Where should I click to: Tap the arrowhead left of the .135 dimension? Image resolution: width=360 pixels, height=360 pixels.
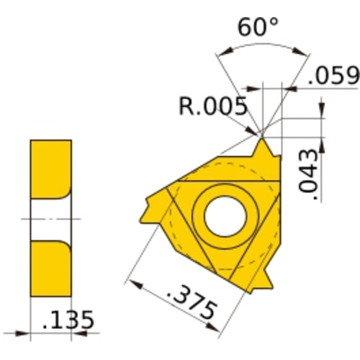coord(22,334)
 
